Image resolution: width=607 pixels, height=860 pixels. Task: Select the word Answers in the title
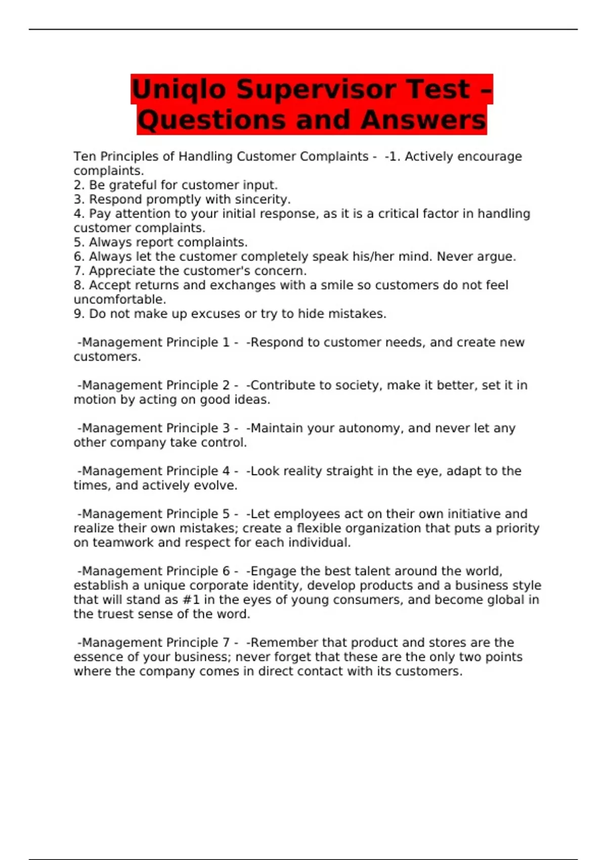423,120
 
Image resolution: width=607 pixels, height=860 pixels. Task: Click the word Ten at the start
84,157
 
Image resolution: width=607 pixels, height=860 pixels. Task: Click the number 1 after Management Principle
226,342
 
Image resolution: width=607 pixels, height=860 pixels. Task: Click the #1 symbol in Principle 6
190,600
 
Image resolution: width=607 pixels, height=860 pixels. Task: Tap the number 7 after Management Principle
226,642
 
